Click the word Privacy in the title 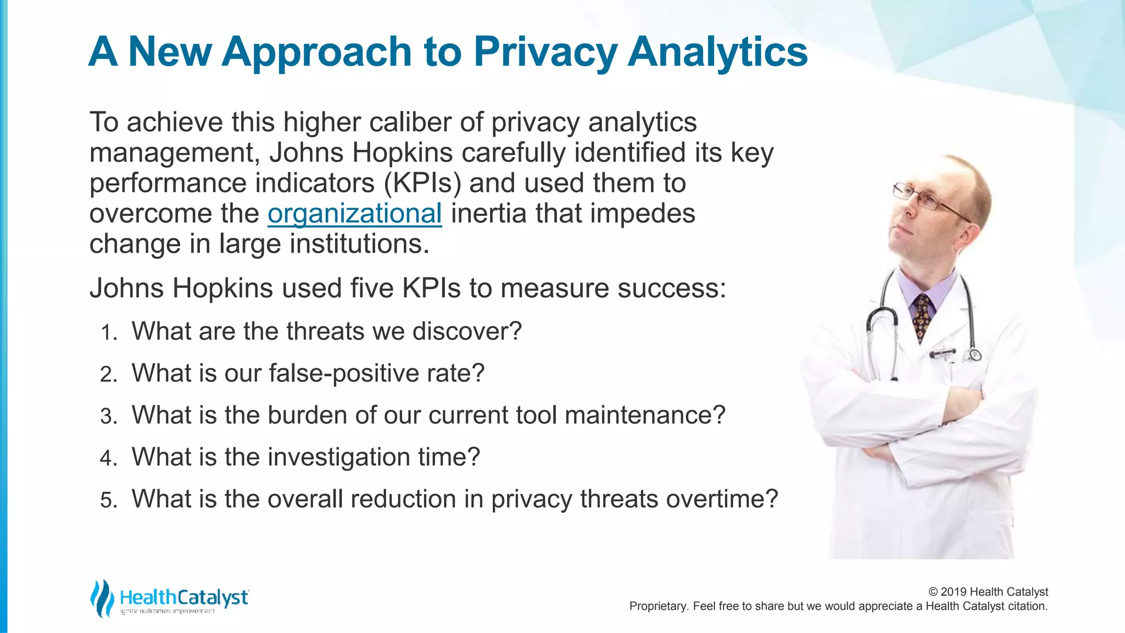pos(545,52)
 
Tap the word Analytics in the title pos(717,52)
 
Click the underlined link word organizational pos(354,213)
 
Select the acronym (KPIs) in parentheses pos(422,183)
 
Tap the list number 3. pos(108,417)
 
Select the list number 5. pos(108,501)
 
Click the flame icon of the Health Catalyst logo pos(102,598)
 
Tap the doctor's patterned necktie pos(922,316)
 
